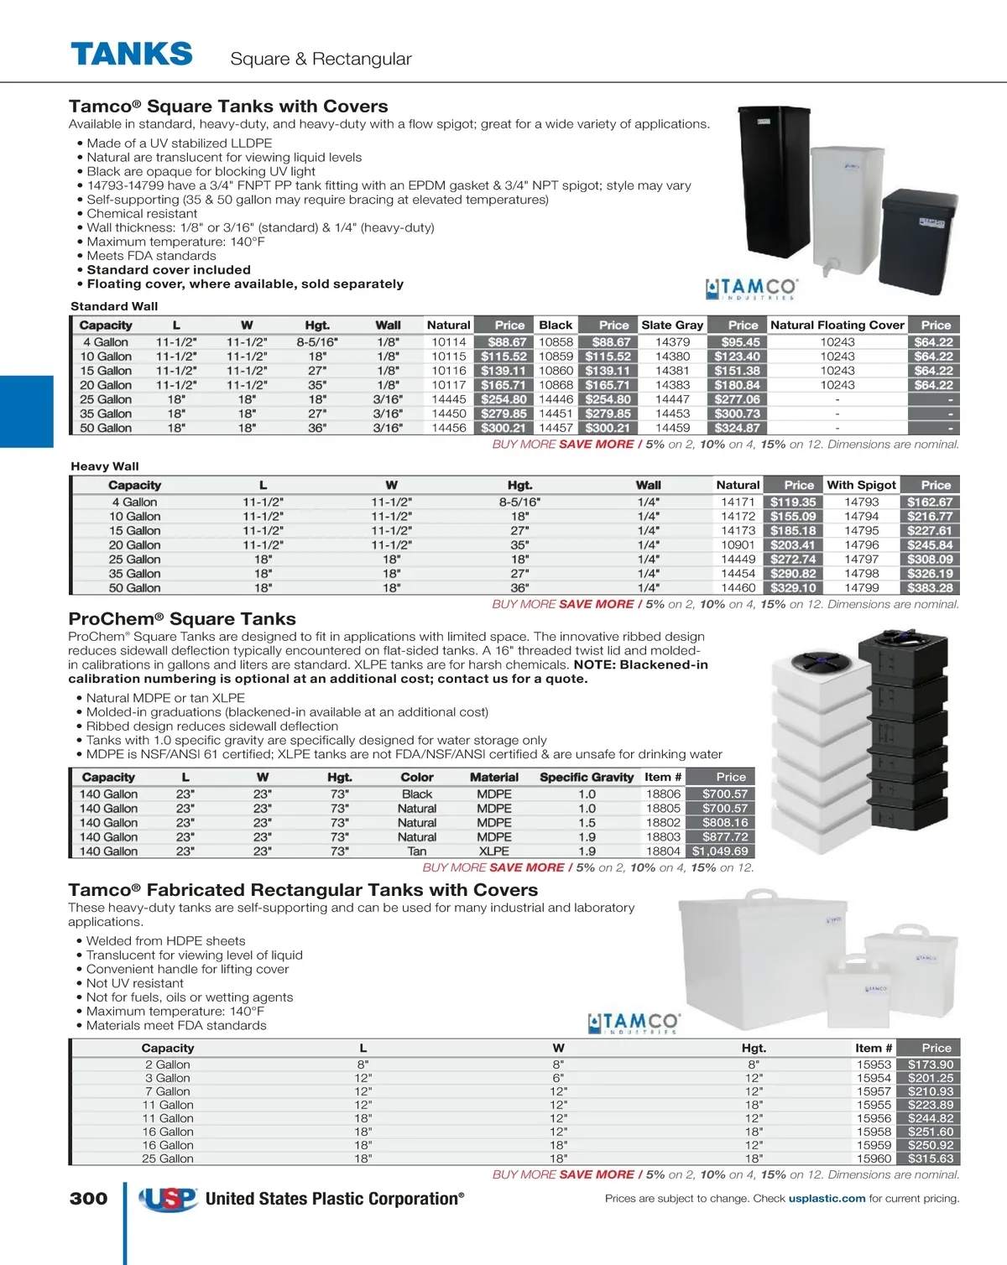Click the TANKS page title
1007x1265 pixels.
132,55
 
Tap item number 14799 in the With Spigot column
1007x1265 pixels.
861,588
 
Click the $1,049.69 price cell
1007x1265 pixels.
719,851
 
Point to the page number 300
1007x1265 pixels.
88,1199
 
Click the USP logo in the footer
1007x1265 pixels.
168,1199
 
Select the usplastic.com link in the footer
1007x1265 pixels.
827,1199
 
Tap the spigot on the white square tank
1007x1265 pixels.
830,268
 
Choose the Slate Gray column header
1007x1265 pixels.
672,325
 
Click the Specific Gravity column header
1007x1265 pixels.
587,778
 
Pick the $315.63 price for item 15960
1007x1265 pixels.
930,1158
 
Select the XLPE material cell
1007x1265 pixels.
493,851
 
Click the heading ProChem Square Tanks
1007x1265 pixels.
182,619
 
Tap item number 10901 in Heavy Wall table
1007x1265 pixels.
738,545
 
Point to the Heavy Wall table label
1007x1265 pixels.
105,466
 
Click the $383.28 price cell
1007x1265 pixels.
930,588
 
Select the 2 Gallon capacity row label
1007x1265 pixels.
167,1065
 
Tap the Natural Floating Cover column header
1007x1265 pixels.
837,325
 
